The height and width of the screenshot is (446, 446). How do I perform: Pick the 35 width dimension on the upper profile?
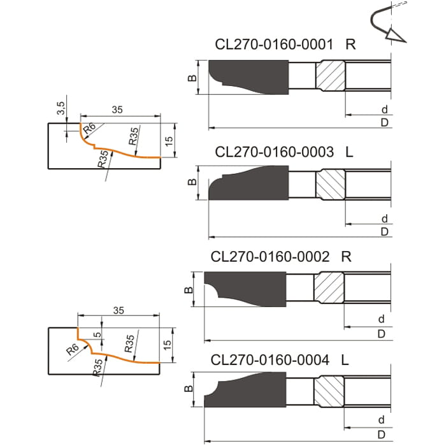click(117, 110)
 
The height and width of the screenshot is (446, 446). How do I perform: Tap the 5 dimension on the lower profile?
click(97, 336)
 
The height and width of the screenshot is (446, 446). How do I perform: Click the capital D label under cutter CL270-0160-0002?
click(381, 334)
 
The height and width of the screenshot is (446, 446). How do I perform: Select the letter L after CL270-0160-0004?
click(345, 360)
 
